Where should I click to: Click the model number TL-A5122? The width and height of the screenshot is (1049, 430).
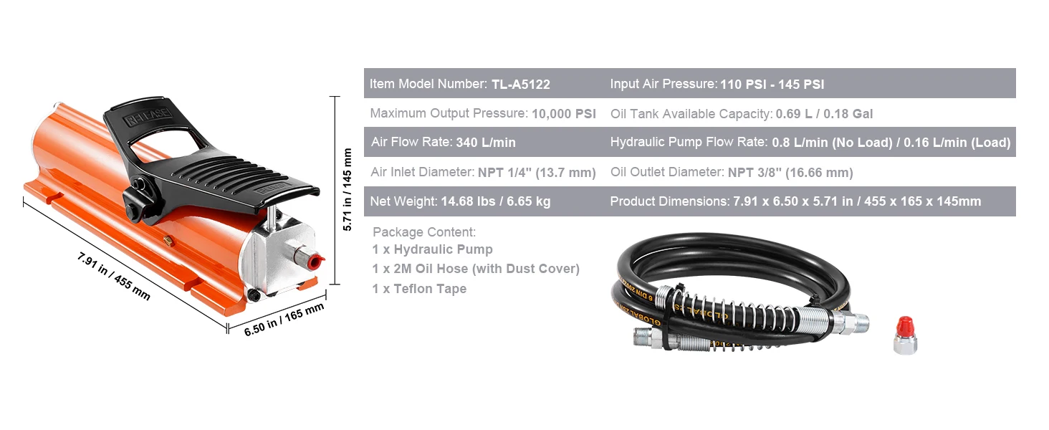520,84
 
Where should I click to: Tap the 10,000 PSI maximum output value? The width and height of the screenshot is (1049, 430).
565,113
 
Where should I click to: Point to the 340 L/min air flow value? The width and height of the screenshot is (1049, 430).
485,143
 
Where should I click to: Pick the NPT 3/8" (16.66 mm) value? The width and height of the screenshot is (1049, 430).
790,172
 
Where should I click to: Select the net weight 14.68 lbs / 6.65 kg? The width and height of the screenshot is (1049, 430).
494,201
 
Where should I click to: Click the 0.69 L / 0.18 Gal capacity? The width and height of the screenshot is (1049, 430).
824,113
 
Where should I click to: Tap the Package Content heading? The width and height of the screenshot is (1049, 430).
424,232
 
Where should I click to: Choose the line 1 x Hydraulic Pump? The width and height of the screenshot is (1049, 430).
432,249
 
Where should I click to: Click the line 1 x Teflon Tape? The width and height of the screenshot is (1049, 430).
419,289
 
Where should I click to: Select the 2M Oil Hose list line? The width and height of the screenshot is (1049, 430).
476,269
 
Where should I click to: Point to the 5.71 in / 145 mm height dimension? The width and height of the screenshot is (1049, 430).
348,189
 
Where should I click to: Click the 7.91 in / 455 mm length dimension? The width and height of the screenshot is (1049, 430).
114,276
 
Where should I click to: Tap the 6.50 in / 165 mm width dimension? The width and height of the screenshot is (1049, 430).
284,320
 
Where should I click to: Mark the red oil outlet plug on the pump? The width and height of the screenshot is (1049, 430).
315,258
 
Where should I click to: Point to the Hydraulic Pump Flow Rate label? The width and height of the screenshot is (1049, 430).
688,143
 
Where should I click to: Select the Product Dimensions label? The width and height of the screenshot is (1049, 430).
669,201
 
